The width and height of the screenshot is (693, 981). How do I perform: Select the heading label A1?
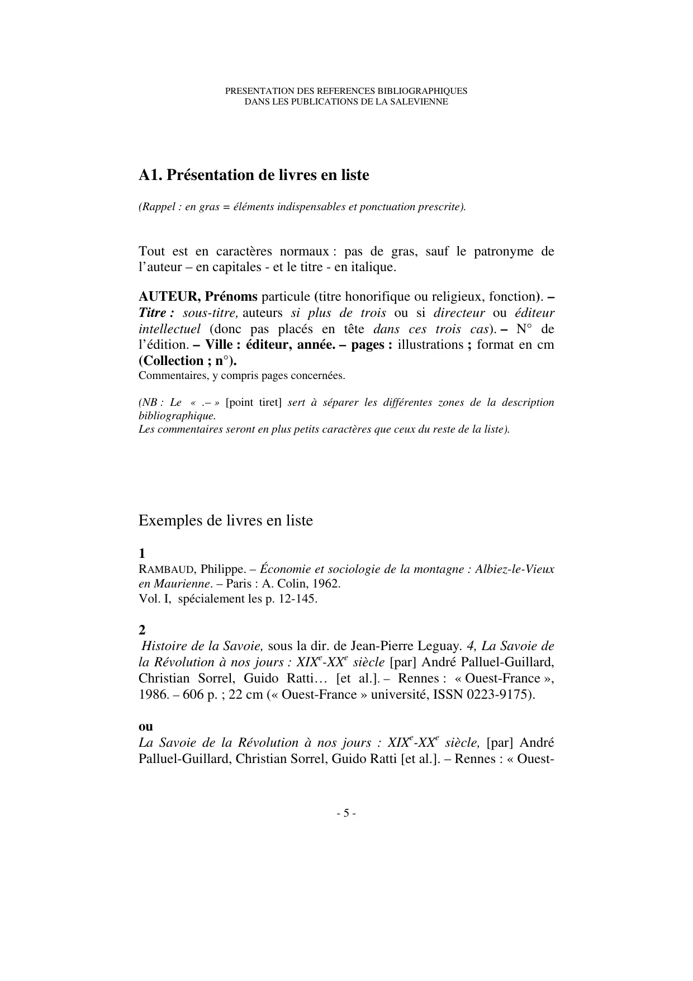pyautogui.click(x=149, y=175)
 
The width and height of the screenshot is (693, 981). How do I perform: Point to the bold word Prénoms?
pyautogui.click(x=231, y=296)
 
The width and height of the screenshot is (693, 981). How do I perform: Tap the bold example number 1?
pyautogui.click(x=142, y=553)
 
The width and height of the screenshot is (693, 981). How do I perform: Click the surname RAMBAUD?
pyautogui.click(x=166, y=570)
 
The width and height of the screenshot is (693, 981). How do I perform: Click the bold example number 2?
pyautogui.click(x=142, y=630)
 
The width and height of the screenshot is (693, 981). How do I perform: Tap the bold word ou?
pyautogui.click(x=146, y=727)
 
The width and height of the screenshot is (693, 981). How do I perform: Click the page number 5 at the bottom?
pyautogui.click(x=346, y=813)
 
